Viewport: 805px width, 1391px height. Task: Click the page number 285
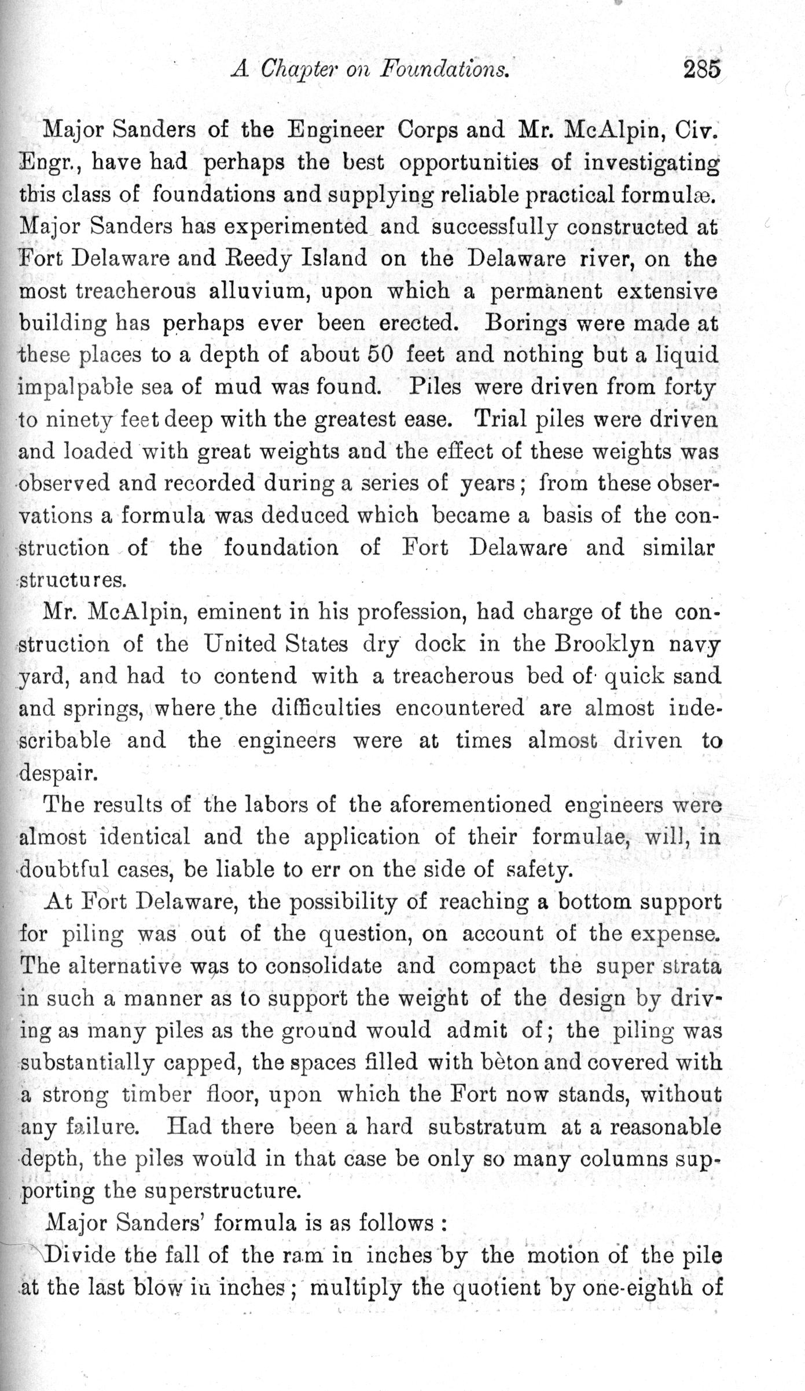[x=702, y=69]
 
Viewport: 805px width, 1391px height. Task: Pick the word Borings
[x=529, y=322]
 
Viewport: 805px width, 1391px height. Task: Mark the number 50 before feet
[x=381, y=354]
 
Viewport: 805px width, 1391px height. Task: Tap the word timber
[x=156, y=1095]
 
